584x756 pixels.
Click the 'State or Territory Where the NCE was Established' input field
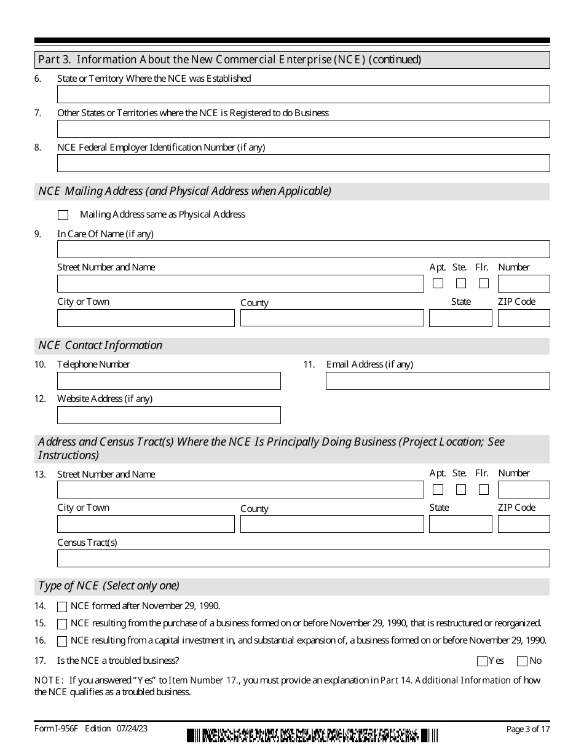303,94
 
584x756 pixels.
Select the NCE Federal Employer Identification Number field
303,163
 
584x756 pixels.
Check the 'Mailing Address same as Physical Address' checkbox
63,215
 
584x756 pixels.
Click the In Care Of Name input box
303,249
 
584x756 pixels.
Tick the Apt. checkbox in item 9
438,283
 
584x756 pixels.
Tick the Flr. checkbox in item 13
484,490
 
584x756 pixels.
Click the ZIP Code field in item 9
523,318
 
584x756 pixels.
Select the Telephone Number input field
168,381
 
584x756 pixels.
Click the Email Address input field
437,381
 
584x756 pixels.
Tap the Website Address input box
168,415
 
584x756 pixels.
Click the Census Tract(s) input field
303,558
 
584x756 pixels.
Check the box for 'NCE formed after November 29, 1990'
62,607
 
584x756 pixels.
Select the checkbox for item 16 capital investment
62,641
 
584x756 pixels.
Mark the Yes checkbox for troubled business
482,661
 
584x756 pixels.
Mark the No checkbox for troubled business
523,661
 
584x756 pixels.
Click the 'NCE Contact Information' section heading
101,345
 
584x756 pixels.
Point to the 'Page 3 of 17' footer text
527,730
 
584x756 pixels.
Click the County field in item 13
332,524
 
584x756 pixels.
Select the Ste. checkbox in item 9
461,283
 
